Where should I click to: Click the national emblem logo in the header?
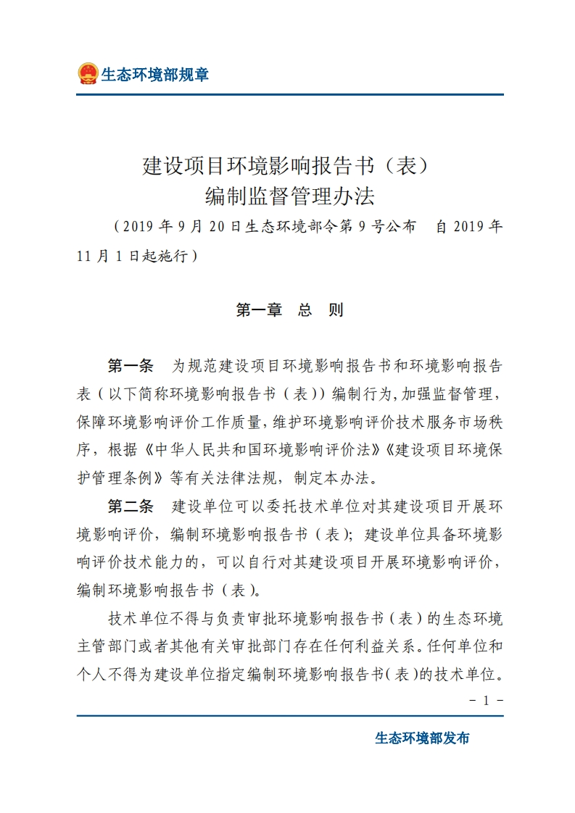pyautogui.click(x=88, y=74)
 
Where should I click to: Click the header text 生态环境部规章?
pyautogui.click(x=154, y=75)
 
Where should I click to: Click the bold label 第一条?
pyautogui.click(x=131, y=364)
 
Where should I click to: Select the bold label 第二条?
pyautogui.click(x=131, y=505)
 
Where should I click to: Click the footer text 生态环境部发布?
pyautogui.click(x=422, y=738)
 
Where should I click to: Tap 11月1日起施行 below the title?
pyautogui.click(x=138, y=257)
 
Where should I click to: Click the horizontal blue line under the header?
pyautogui.click(x=289, y=94)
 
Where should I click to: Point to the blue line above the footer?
pyautogui.click(x=289, y=716)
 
